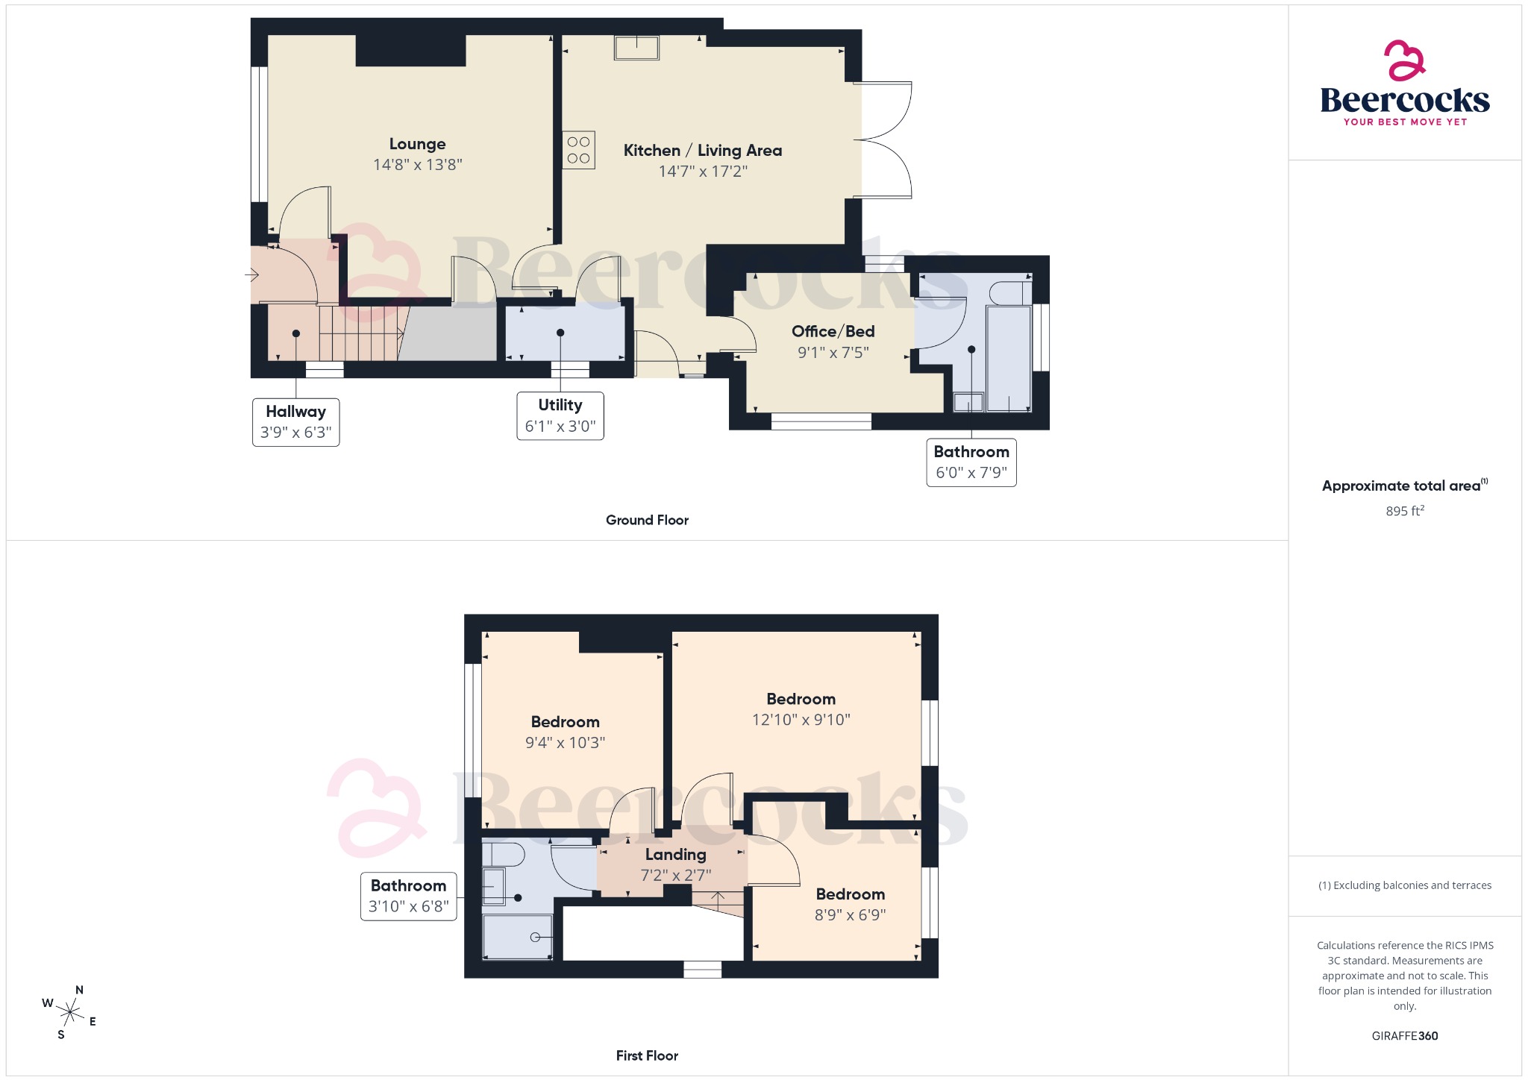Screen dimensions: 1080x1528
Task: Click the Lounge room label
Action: (417, 144)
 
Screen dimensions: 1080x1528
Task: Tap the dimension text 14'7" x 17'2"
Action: (702, 172)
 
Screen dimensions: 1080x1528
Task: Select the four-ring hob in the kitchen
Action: (578, 150)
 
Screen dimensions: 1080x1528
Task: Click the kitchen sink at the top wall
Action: (636, 48)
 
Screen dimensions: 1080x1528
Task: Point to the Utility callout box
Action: (560, 415)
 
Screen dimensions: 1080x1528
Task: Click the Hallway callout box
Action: (295, 422)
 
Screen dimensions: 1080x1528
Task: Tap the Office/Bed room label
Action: (833, 331)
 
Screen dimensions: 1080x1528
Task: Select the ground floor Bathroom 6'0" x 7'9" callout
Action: (971, 462)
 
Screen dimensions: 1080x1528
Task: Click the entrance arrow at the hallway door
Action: (251, 275)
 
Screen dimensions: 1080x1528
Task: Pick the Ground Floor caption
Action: (647, 520)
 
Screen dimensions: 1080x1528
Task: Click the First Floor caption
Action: (647, 1055)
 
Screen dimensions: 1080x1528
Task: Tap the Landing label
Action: (675, 855)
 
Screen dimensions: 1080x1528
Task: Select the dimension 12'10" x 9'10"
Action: (801, 720)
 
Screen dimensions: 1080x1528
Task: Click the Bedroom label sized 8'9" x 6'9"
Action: (850, 894)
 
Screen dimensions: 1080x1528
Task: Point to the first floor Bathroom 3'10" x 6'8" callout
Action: (408, 896)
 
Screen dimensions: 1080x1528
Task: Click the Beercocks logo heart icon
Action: (1404, 61)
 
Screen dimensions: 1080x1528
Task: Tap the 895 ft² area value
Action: (1404, 511)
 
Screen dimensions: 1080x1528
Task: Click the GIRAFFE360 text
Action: (1404, 1035)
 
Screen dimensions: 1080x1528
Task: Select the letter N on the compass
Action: (79, 990)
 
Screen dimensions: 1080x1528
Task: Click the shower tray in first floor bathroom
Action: (517, 937)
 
